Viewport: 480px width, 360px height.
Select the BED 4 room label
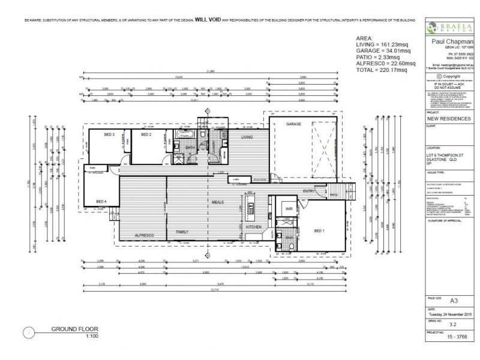pos(101,201)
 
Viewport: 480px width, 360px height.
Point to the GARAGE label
pos(293,124)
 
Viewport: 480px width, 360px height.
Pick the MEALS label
pos(217,202)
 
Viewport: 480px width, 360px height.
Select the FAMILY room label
pos(182,231)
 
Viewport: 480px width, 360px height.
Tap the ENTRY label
pos(308,191)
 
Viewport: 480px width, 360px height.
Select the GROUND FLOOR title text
pos(74,329)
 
